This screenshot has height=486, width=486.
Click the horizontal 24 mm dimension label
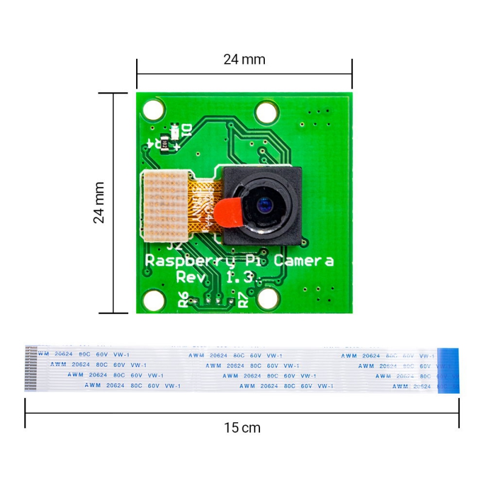[244, 60]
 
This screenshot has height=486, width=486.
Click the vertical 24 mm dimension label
[99, 202]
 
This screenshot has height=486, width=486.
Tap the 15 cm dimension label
[242, 428]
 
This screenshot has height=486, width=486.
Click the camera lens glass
[265, 205]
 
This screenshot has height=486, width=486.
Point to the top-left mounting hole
[154, 110]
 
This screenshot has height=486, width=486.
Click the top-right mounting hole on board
[266, 112]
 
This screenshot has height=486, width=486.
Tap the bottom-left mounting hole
[154, 298]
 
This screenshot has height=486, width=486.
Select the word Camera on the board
[303, 261]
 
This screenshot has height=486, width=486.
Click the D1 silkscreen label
[187, 130]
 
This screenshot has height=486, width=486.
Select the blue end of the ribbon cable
[448, 371]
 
